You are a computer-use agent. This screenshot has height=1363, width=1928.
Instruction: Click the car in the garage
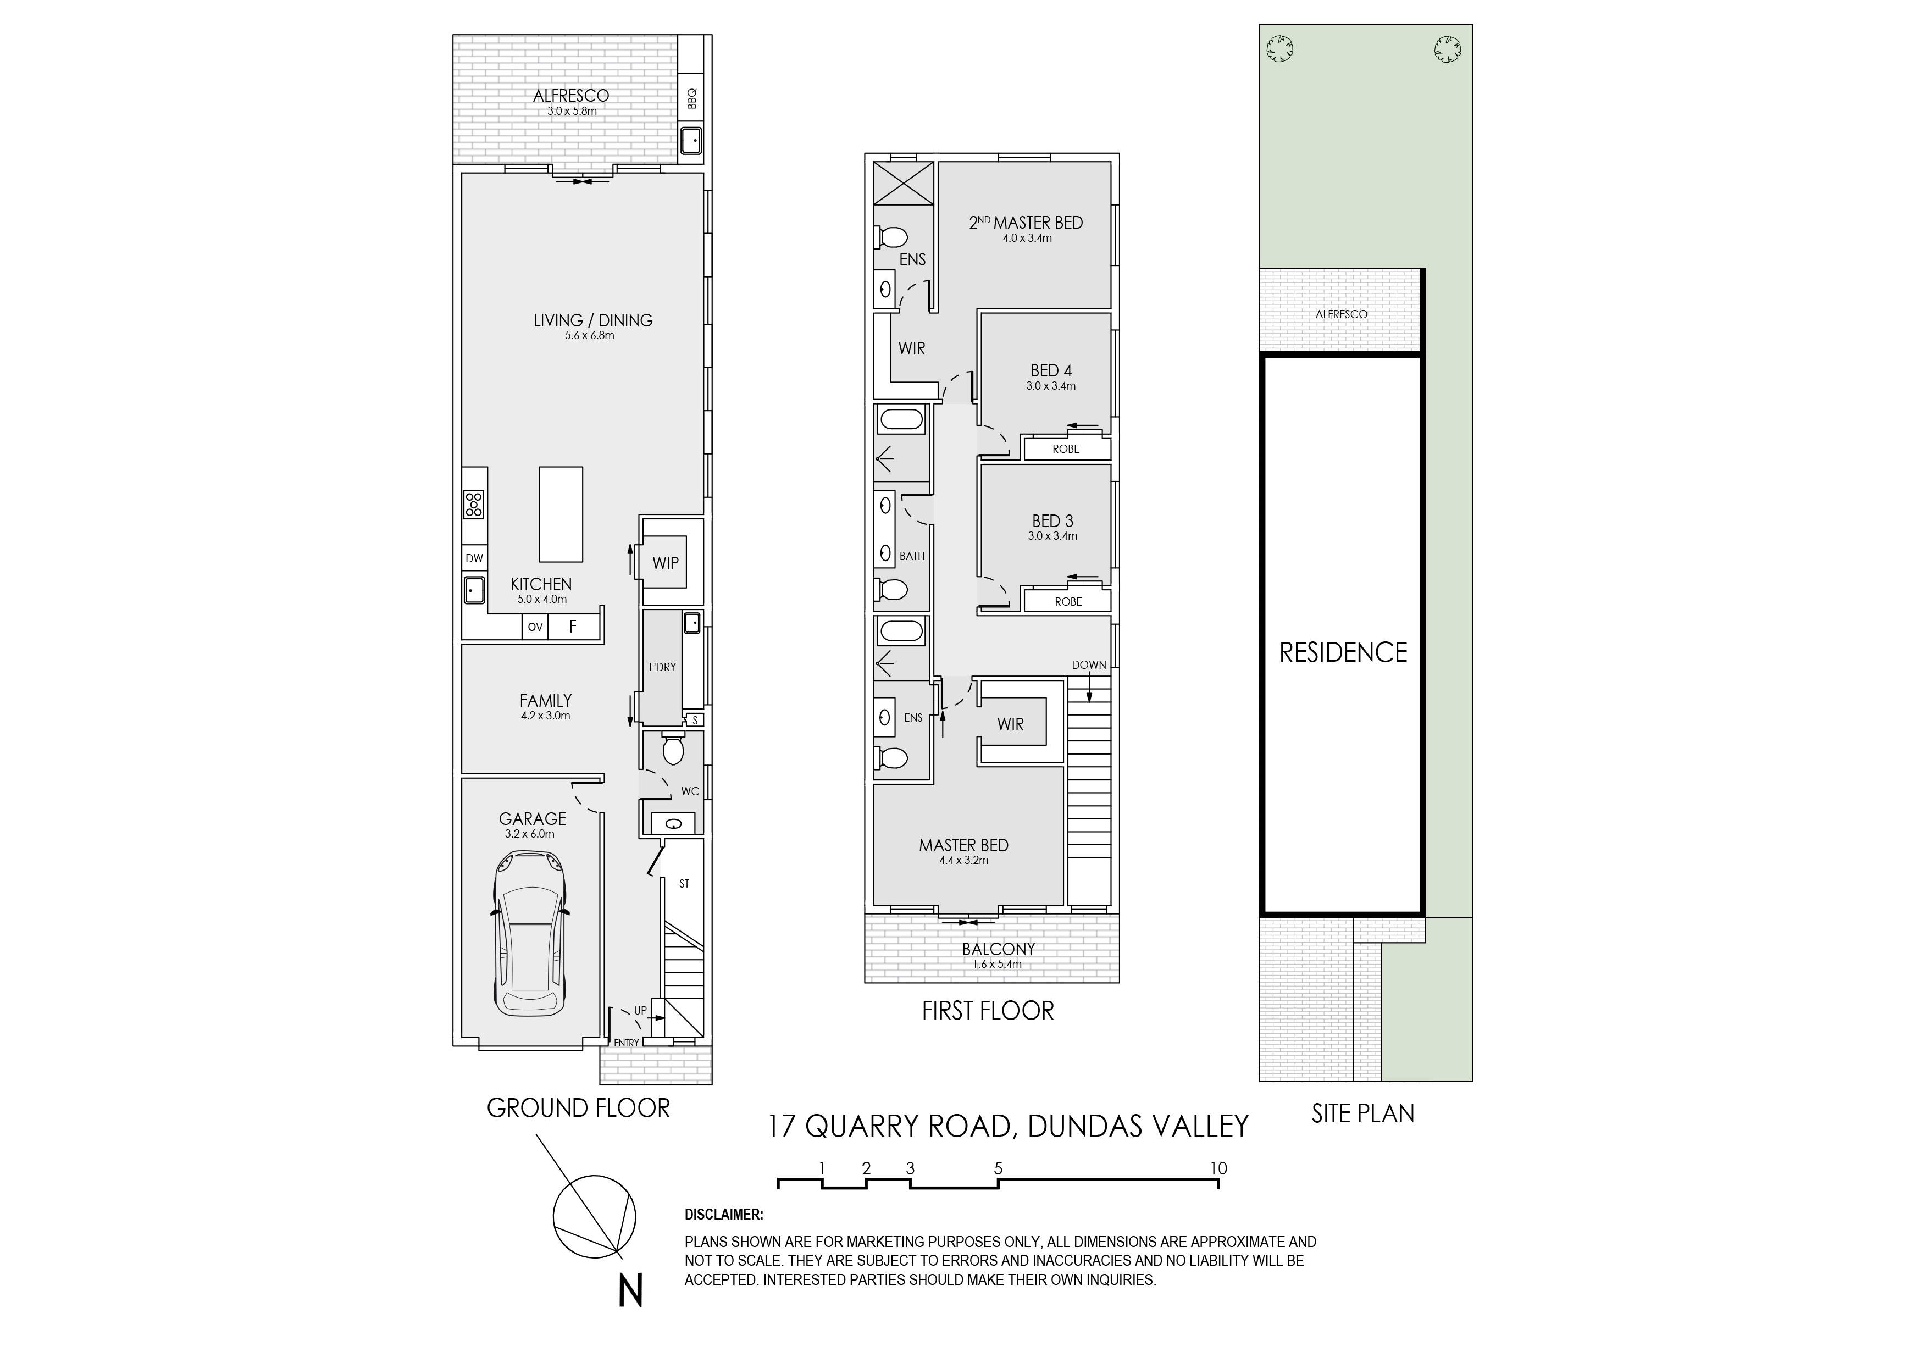530,933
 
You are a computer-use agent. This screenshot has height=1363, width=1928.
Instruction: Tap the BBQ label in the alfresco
692,99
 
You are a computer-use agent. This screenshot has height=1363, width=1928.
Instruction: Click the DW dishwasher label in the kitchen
474,558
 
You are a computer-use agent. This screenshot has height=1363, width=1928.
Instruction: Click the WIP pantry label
665,563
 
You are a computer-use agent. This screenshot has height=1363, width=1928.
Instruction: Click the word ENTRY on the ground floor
627,1043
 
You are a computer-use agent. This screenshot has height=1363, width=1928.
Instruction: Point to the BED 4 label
1051,370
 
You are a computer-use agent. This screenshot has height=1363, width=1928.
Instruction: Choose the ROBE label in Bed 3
1068,602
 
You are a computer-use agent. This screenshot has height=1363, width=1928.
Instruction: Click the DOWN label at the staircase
1089,665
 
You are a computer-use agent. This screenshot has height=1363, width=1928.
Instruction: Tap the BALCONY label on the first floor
999,949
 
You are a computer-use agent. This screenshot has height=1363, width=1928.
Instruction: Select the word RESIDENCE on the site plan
1343,652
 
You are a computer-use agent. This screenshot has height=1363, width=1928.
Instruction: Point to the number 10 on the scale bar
1218,1168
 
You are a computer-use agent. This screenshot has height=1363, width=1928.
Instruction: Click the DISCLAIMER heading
724,1215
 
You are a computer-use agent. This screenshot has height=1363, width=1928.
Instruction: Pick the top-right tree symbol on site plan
1447,49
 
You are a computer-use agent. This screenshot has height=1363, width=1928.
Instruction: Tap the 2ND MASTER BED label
1026,223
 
